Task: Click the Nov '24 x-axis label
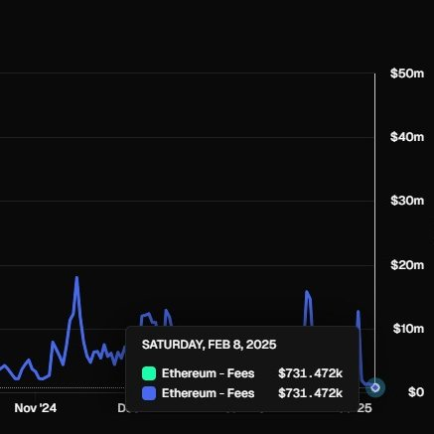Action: (x=37, y=407)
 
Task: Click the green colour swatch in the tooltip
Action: (x=149, y=373)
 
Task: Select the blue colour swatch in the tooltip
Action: (x=149, y=393)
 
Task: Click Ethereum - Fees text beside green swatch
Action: (x=208, y=373)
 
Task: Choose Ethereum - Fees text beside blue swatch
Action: (x=208, y=393)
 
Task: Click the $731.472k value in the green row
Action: (x=310, y=373)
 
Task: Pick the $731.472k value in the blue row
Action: (x=310, y=393)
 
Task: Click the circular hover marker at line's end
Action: (x=375, y=386)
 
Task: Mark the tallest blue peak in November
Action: (x=76, y=279)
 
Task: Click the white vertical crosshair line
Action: (x=374, y=199)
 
